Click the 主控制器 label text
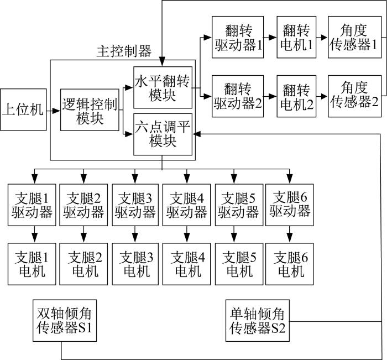(124, 51)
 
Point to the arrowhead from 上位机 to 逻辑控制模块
(56, 111)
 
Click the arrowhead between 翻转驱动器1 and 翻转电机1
(273, 38)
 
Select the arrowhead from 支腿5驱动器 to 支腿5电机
(234, 238)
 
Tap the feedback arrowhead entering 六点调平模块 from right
(197, 134)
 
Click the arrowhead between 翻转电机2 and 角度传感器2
(324, 96)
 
